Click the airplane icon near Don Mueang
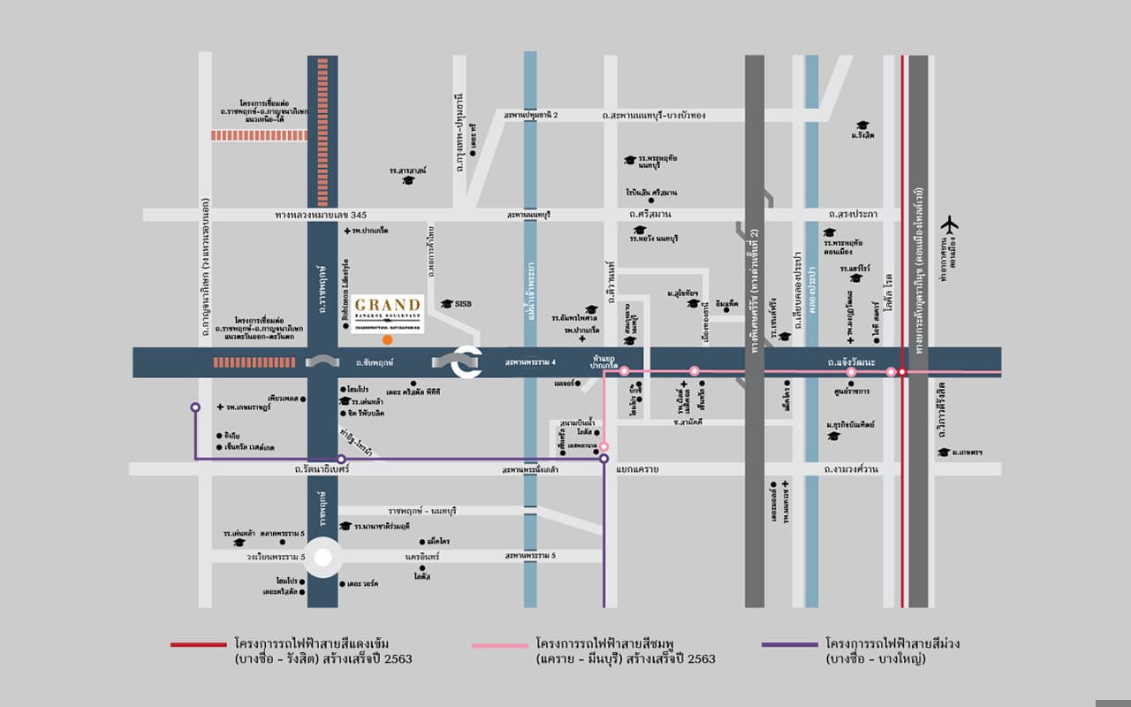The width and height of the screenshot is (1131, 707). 951,225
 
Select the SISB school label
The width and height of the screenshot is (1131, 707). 462,303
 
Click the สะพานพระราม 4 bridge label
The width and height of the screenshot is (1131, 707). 530,362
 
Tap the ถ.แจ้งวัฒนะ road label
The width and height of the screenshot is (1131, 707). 852,362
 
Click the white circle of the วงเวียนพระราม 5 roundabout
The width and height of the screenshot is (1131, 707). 323,558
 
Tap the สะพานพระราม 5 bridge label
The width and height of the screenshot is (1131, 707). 530,556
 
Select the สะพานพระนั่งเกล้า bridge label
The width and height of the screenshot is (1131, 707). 530,469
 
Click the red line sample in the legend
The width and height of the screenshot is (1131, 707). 199,645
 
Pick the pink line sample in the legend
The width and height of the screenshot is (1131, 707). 500,645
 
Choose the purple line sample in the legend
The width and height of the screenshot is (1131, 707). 789,645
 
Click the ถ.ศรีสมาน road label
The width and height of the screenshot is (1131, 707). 649,215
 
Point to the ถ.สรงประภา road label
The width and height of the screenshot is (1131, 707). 853,215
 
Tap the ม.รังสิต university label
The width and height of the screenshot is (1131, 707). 862,135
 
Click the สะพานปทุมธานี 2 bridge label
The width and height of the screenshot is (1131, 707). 531,116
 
